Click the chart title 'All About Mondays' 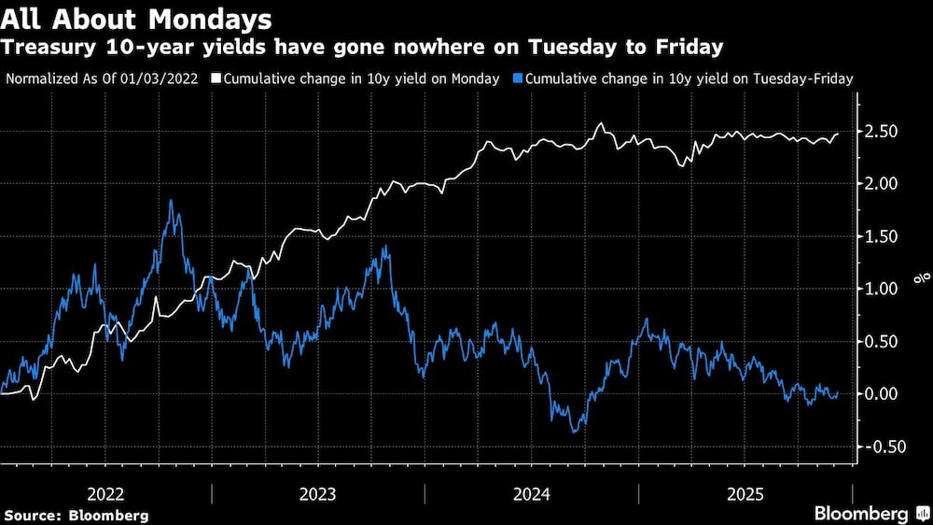pos(138,19)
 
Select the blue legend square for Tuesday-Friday pos(520,79)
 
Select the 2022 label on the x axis pos(105,493)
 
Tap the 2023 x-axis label pos(318,493)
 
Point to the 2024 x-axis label pos(531,493)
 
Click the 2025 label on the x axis pos(745,493)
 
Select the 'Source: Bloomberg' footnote pos(77,515)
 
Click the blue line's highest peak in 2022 pos(172,201)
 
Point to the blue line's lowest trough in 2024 pos(573,432)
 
